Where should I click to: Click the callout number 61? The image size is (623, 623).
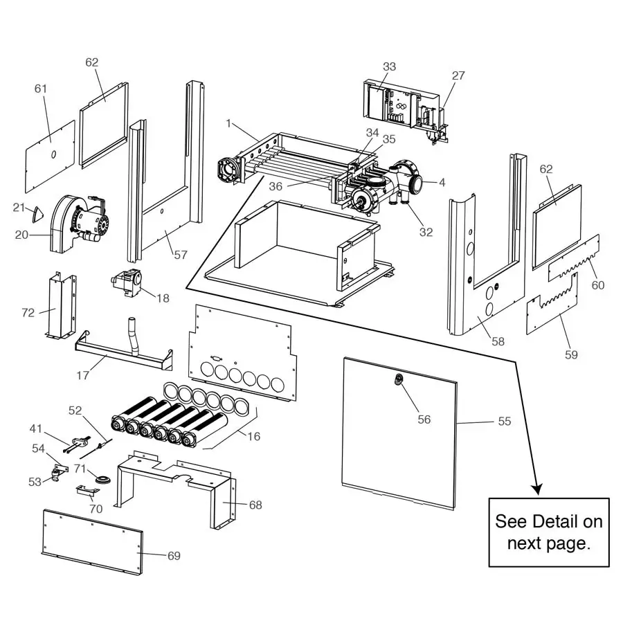pyautogui.click(x=41, y=88)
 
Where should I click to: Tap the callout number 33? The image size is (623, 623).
pyautogui.click(x=389, y=66)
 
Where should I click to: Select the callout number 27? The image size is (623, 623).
pyautogui.click(x=458, y=75)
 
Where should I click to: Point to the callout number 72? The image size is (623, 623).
pyautogui.click(x=28, y=313)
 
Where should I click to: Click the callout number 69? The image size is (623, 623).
pyautogui.click(x=174, y=555)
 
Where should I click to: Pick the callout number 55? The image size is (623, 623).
pyautogui.click(x=505, y=421)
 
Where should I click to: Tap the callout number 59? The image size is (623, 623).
pyautogui.click(x=571, y=354)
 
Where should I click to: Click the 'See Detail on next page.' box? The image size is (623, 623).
pyautogui.click(x=549, y=532)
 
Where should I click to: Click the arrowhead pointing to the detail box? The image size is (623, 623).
pyautogui.click(x=537, y=489)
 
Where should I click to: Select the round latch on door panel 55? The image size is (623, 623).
pyautogui.click(x=398, y=379)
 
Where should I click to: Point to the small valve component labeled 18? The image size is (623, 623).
pyautogui.click(x=127, y=282)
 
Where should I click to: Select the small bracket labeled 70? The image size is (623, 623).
pyautogui.click(x=86, y=490)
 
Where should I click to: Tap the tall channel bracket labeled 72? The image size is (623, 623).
pyautogui.click(x=62, y=307)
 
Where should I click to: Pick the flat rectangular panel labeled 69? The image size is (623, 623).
pyautogui.click(x=92, y=541)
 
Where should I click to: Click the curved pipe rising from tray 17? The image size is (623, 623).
pyautogui.click(x=133, y=336)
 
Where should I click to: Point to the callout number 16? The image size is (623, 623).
pyautogui.click(x=253, y=436)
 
